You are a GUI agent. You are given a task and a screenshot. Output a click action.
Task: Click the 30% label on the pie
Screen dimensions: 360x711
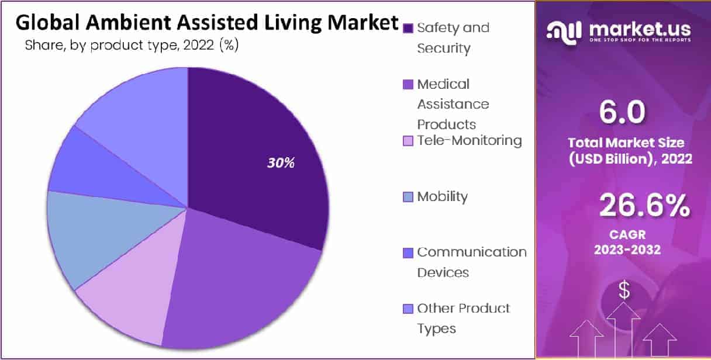[281, 163]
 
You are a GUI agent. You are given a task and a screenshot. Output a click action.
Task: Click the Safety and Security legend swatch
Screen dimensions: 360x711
[409, 28]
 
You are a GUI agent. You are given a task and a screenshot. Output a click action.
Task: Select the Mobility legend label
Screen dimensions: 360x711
[442, 196]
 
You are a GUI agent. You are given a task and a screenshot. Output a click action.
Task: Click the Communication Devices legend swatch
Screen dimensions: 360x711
[409, 252]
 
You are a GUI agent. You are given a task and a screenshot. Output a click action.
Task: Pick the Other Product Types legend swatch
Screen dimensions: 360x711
[409, 309]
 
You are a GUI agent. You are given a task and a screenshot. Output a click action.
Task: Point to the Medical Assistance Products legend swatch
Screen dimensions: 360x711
[409, 85]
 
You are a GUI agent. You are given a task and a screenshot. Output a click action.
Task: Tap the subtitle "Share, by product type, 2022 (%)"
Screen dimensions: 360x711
[132, 46]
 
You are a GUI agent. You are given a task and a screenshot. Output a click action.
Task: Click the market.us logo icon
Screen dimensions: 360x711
[564, 31]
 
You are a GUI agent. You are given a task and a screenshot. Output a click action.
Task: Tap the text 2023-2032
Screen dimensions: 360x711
[627, 250]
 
